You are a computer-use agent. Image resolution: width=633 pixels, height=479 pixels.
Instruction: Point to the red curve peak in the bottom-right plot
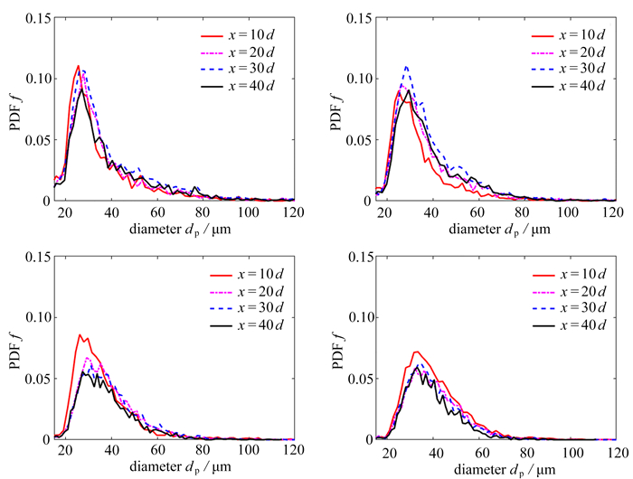click(x=415, y=352)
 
